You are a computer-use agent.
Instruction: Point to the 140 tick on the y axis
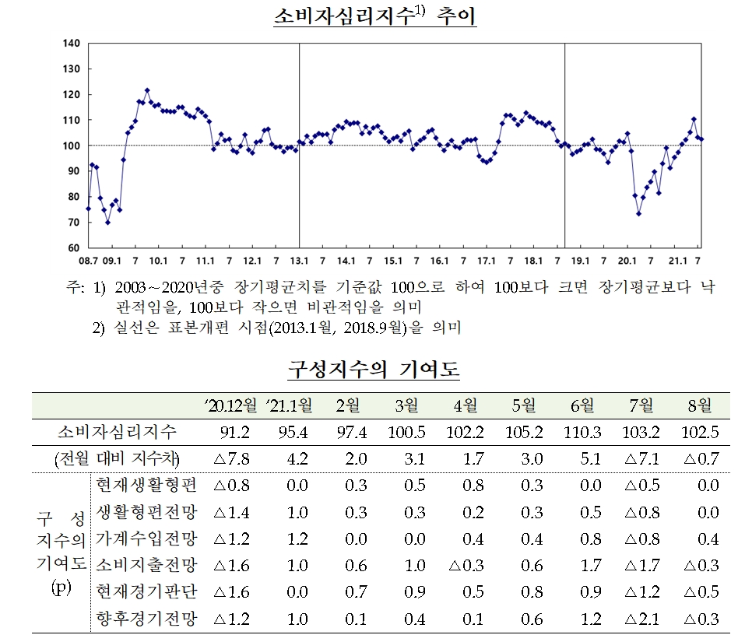click(71, 44)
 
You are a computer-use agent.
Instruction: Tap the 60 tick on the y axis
click(73, 247)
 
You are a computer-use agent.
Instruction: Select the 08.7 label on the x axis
click(88, 261)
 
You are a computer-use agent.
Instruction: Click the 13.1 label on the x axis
click(300, 261)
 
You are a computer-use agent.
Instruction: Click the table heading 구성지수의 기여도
click(374, 370)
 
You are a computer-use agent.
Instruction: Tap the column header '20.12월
click(231, 405)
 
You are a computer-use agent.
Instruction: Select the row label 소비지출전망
click(145, 566)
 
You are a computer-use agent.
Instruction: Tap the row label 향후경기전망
click(145, 619)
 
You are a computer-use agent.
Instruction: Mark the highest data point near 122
click(147, 90)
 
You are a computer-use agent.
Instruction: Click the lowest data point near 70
click(108, 222)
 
